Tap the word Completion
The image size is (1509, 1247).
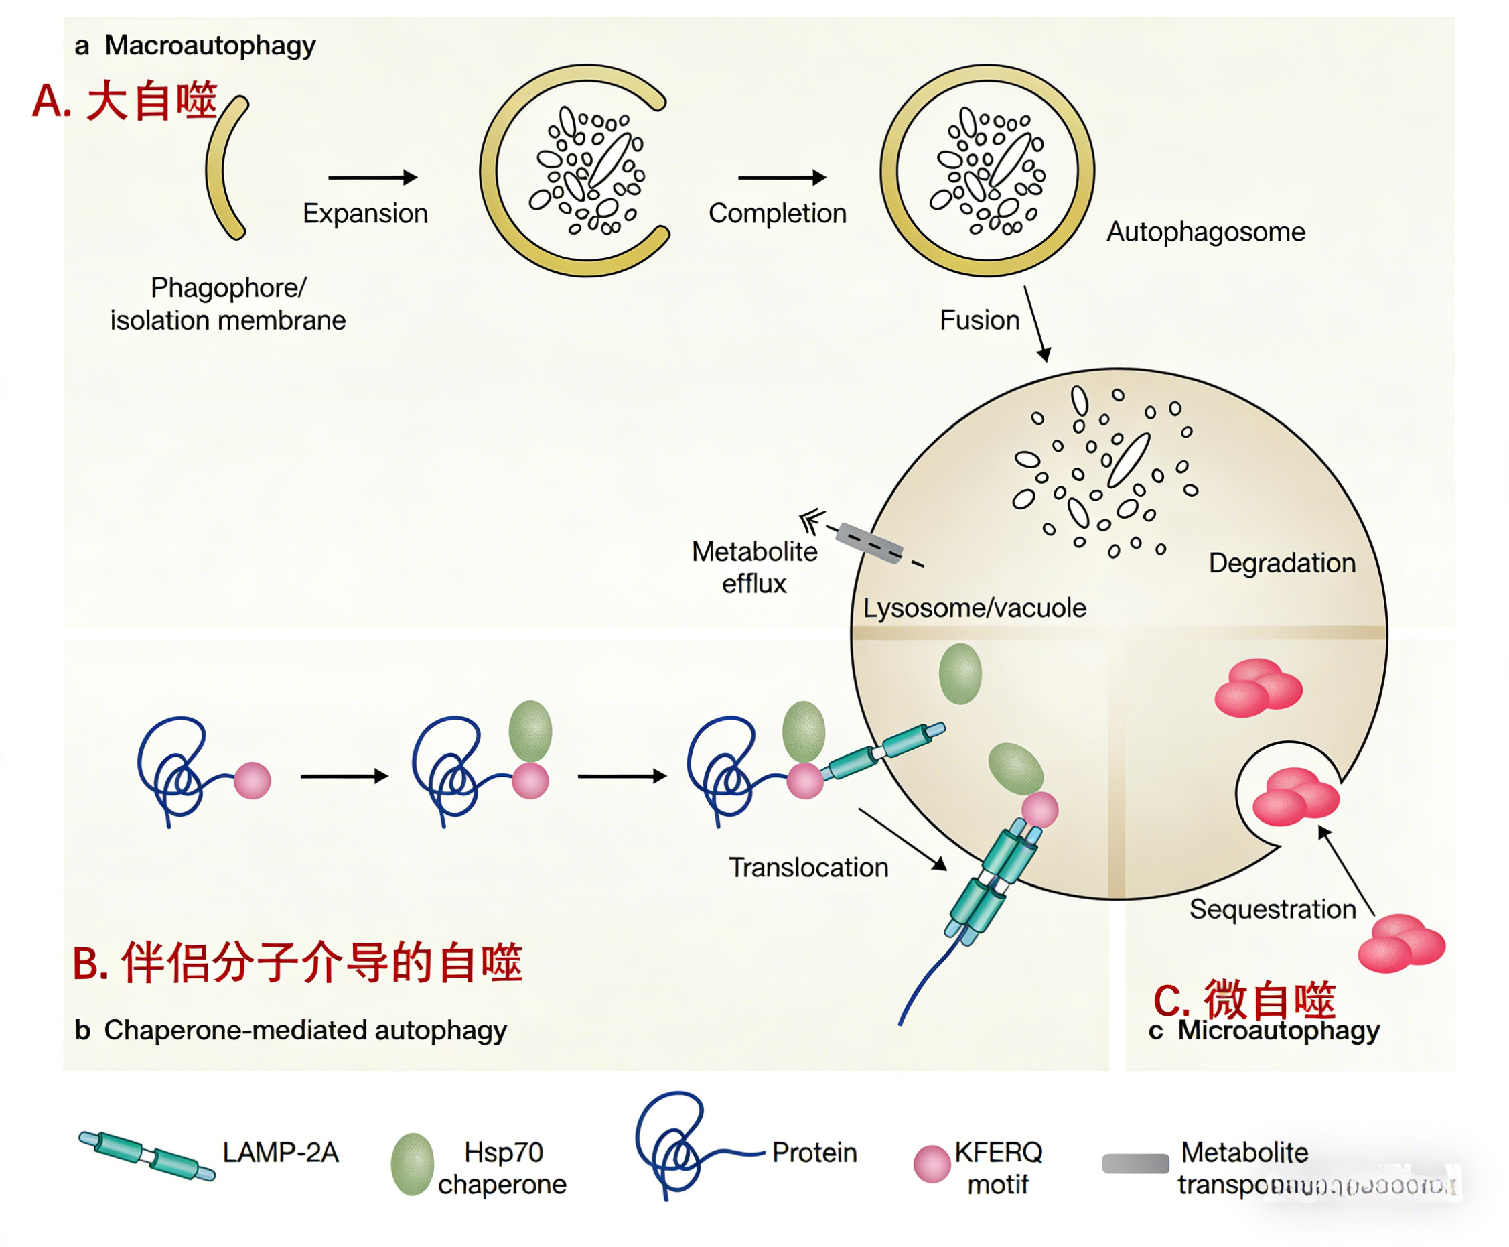tap(777, 213)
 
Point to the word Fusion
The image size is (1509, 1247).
tap(979, 320)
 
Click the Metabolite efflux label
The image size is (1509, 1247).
tap(753, 568)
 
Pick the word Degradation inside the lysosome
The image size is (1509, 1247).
tap(1281, 562)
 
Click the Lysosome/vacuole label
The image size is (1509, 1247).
tap(973, 608)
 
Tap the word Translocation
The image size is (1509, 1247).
tap(808, 867)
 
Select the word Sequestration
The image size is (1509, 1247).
tap(1271, 909)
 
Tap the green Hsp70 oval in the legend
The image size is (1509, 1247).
tap(412, 1164)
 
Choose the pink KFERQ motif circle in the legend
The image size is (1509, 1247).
tap(931, 1164)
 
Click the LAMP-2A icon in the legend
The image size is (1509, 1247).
tap(147, 1155)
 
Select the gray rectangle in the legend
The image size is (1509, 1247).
tap(1135, 1163)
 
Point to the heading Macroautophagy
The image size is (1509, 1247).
tap(210, 46)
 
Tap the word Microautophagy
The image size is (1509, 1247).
tap(1278, 1029)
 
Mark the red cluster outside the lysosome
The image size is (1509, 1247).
tap(1400, 943)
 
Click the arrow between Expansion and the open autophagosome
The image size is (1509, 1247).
tap(372, 177)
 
